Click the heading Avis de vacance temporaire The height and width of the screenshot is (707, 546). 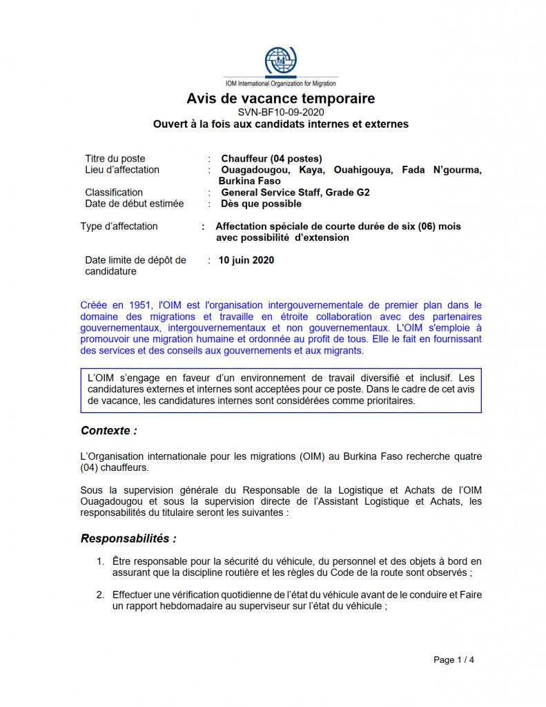(280, 99)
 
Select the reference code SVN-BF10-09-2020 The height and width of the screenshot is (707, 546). (280, 112)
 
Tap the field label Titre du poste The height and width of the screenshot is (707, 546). (115, 159)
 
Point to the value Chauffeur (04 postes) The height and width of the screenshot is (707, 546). (271, 159)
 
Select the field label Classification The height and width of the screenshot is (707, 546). (114, 193)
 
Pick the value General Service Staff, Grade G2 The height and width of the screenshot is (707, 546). (295, 193)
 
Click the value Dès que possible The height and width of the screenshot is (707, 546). (261, 204)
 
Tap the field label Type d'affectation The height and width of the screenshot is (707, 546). (119, 226)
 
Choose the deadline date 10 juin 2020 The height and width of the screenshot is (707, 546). (246, 260)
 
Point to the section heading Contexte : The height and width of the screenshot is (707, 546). (108, 431)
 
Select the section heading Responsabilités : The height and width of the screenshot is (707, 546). (128, 538)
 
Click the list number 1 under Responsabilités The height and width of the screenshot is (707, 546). (100, 562)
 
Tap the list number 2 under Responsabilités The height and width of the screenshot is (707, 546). (100, 594)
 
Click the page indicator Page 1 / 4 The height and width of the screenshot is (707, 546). (454, 660)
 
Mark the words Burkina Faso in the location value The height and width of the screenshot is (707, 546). (251, 181)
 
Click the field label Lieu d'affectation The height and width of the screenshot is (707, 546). (122, 170)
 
